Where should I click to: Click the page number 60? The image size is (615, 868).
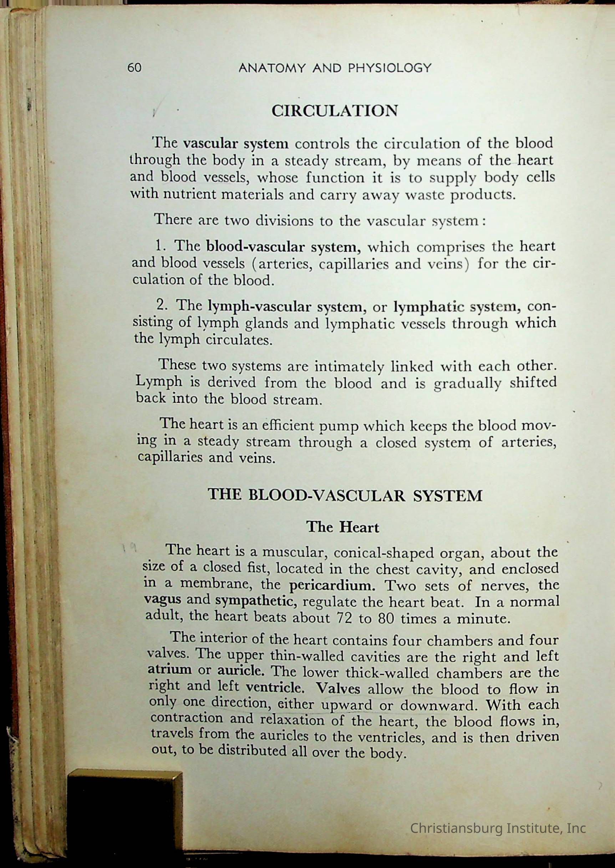click(134, 68)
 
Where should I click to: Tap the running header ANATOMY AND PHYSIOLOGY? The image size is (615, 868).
click(335, 68)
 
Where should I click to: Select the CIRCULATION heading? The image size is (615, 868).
click(335, 111)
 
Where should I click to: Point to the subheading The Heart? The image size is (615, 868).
click(342, 527)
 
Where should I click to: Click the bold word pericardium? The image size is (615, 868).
click(332, 586)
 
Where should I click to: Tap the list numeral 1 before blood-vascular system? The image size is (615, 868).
click(159, 246)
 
